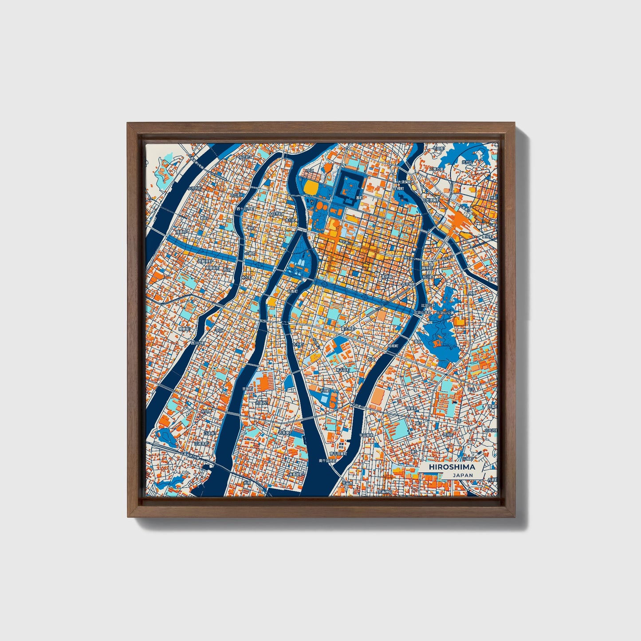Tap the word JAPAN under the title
point(463,475)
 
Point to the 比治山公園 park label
point(446,313)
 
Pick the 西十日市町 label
point(244,208)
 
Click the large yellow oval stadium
point(311,188)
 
